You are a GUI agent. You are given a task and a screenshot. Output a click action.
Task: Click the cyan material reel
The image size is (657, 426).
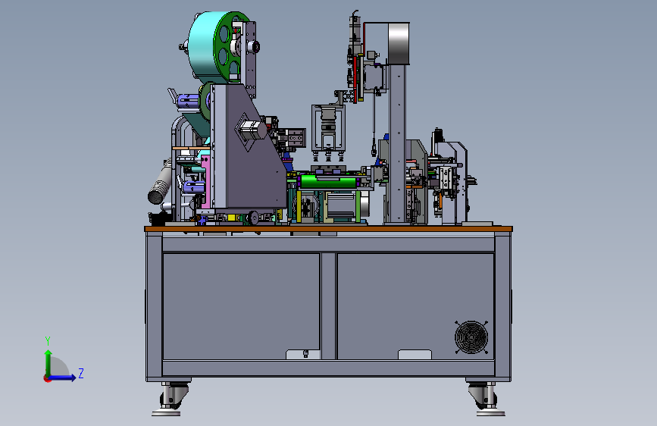[x=203, y=46]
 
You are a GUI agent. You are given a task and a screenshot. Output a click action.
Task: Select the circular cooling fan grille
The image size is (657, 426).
[x=471, y=337]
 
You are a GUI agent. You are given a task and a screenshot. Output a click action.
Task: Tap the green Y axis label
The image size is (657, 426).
[x=48, y=340]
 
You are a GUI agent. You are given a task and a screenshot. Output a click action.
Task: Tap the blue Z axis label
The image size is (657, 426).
[x=81, y=373]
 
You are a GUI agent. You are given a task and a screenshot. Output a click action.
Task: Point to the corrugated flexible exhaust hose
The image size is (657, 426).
[x=161, y=185]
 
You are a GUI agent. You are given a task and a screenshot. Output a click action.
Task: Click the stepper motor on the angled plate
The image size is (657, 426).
[x=252, y=130]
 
